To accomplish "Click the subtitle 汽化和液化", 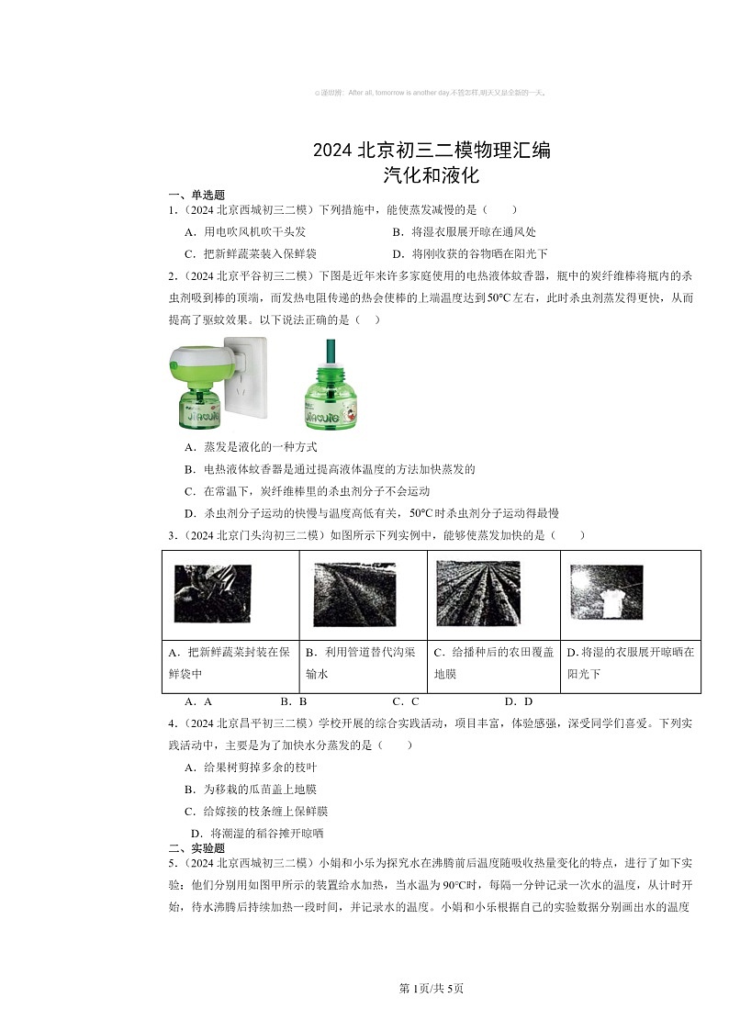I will [x=432, y=174].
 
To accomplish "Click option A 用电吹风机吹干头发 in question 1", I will [x=244, y=232].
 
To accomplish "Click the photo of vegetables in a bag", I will [x=212, y=594].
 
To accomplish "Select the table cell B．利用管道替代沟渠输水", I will [x=363, y=663].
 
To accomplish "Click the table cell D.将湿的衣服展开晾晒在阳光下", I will [x=630, y=663].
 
